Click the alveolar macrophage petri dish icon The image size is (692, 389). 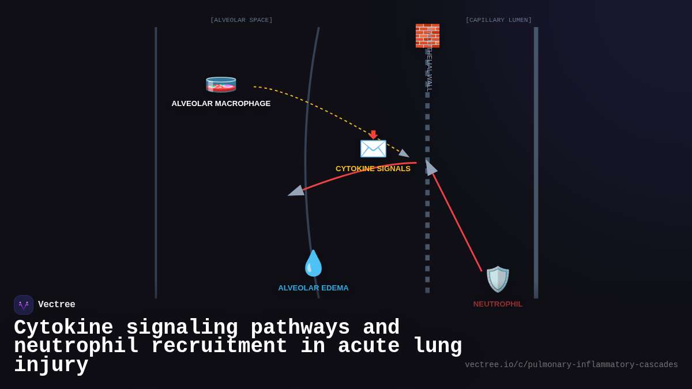pos(221,84)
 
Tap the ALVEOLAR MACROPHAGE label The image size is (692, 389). pos(221,104)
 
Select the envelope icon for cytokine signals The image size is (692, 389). pos(373,148)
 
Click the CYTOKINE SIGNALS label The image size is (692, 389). pos(373,169)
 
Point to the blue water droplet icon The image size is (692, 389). pos(313,263)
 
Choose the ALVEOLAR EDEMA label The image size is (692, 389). pos(313,288)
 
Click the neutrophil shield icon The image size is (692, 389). pos(498,279)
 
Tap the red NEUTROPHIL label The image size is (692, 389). pos(498,304)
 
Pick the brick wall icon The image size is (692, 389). pos(427,36)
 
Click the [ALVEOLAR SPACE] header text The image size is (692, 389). pos(241,20)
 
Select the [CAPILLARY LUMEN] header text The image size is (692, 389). pos(498,20)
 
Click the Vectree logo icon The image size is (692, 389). pos(24,305)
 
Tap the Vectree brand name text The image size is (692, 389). pos(57,305)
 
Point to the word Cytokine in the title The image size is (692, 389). pos(63,328)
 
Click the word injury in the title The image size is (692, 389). pos(51,365)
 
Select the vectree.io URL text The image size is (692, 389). pos(571,365)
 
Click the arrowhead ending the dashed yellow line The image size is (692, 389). pos(404,154)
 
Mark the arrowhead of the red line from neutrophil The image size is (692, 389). pos(430,168)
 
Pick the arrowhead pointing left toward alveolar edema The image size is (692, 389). pos(296,191)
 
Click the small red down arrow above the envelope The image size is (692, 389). pos(373,134)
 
